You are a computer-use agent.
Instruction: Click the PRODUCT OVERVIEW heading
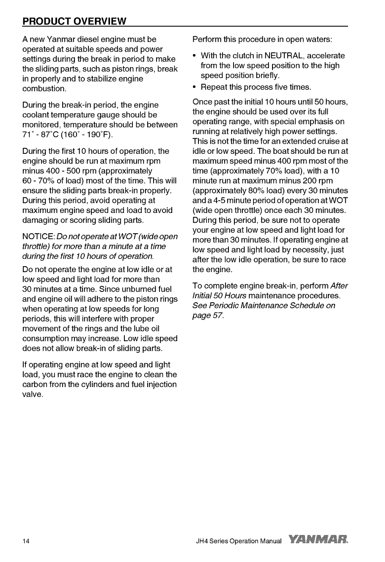[x=74, y=21]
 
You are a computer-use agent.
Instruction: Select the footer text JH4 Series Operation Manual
[x=239, y=541]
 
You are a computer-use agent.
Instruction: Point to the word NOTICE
[x=38, y=236]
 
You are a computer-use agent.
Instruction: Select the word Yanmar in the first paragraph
[x=62, y=39]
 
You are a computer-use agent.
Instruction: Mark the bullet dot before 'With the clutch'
[x=194, y=56]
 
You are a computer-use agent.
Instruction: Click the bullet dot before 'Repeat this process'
[x=194, y=87]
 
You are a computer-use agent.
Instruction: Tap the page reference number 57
[x=216, y=315]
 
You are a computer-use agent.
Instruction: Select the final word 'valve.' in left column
[x=33, y=394]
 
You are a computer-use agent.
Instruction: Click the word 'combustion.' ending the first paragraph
[x=44, y=89]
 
